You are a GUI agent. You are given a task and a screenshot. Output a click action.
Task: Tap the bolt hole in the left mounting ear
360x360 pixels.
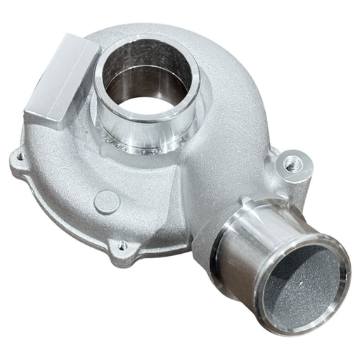19,156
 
